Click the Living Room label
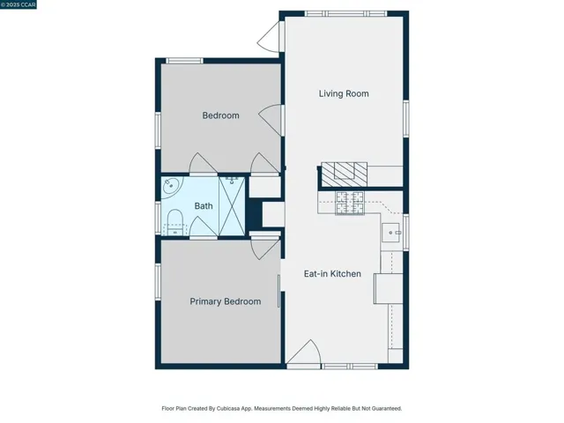coord(344,94)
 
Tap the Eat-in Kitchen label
coord(332,274)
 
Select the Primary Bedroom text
coord(226,301)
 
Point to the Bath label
coord(204,206)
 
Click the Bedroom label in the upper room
coord(220,115)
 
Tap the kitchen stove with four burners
coord(350,203)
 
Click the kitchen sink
coord(390,233)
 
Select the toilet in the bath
coord(175,222)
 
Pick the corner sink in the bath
coord(170,186)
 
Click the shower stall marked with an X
coord(232,206)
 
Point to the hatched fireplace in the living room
coord(344,174)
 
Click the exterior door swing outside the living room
coord(269,37)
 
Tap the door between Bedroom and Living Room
coord(271,120)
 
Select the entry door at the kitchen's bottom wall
coord(303,352)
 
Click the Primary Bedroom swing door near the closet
coord(265,249)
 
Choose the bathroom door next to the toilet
coord(204,226)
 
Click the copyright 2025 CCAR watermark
coord(19,4)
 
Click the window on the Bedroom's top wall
coord(184,61)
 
